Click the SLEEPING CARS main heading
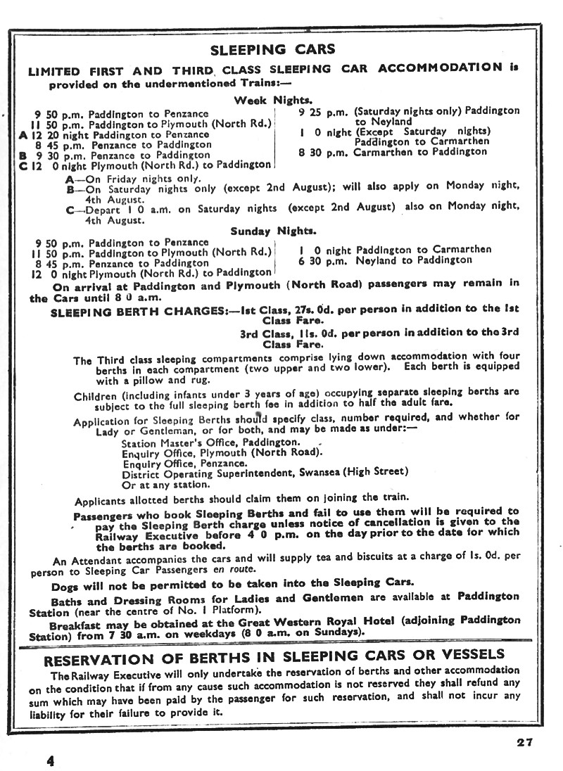pos(274,49)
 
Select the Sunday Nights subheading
pos(273,230)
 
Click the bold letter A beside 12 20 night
pos(23,134)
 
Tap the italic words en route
pos(236,570)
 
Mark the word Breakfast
pos(78,620)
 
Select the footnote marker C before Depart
pos(70,209)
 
